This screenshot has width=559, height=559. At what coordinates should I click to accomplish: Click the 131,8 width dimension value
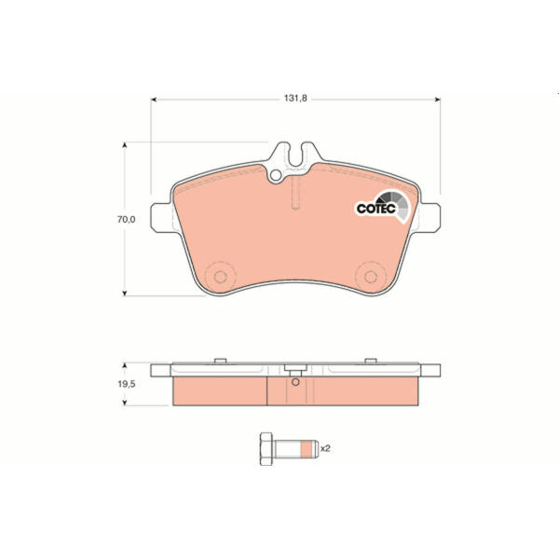point(295,98)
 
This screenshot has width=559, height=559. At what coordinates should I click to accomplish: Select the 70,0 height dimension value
point(126,220)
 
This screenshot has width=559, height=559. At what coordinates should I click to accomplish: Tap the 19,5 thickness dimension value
point(127,384)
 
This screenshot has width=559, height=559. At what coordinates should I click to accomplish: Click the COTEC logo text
point(376,209)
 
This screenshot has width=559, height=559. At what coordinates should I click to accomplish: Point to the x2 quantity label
point(325,448)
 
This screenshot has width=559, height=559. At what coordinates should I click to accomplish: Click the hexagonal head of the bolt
point(266,449)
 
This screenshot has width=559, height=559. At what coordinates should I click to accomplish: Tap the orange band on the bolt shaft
point(306,449)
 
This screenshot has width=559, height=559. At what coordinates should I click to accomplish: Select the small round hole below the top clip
point(276,175)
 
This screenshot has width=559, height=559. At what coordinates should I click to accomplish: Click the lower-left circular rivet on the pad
point(220,277)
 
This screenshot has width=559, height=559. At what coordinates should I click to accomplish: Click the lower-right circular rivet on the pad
point(371,277)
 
